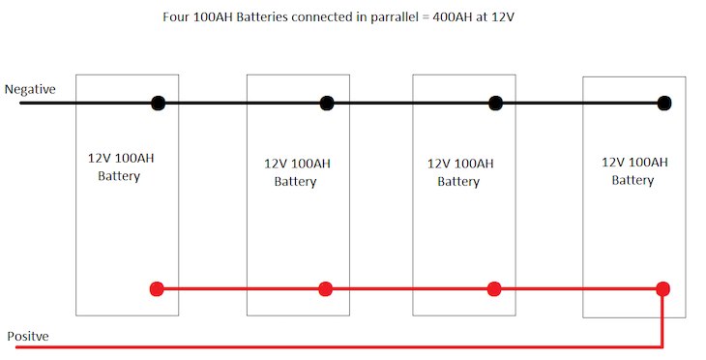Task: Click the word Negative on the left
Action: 30,89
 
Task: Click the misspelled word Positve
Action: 28,336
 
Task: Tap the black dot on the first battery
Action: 158,103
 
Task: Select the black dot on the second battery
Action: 327,103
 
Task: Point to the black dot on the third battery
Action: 495,103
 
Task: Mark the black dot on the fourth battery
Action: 663,103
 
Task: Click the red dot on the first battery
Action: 158,288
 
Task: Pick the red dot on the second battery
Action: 326,288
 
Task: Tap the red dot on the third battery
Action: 494,288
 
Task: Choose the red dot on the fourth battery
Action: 663,288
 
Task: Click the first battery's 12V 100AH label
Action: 119,157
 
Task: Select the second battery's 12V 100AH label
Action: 295,164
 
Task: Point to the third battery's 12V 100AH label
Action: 458,164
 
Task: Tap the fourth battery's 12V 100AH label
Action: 633,162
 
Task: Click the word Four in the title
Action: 176,18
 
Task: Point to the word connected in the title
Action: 309,18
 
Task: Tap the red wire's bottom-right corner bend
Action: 662,345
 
